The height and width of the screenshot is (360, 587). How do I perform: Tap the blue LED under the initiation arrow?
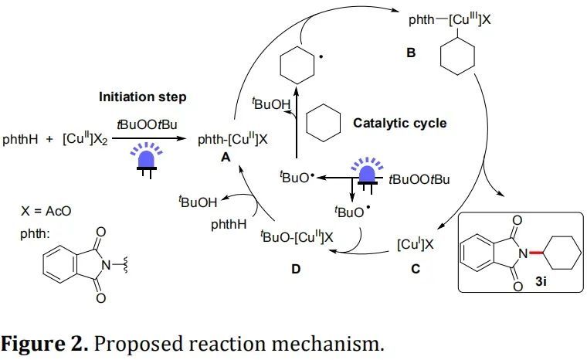click(x=145, y=158)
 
